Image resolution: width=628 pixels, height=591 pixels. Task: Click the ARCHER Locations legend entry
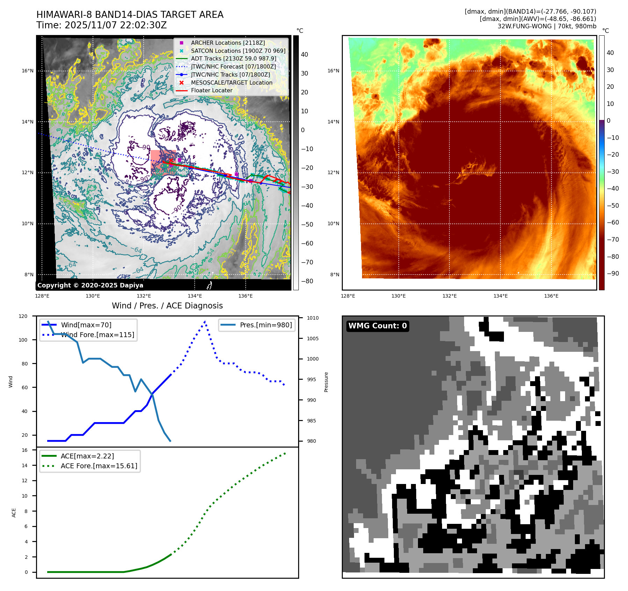point(228,43)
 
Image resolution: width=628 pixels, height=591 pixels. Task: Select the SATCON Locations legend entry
point(238,51)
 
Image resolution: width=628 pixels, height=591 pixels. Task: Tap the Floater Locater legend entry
point(211,90)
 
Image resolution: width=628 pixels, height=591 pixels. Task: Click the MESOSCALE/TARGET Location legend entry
point(231,83)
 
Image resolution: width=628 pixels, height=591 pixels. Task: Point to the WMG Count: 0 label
point(377,326)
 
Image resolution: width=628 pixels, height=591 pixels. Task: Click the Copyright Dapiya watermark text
point(90,285)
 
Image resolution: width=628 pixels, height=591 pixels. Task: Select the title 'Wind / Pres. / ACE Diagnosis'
point(167,306)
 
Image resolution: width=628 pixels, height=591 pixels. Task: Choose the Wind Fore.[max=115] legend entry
point(97,335)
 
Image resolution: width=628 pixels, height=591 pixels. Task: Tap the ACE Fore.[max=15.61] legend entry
point(99,466)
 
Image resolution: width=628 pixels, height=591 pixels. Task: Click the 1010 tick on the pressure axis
point(313,318)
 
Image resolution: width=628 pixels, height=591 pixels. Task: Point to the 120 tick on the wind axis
point(23,316)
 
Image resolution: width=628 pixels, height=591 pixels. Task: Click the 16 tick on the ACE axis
point(25,450)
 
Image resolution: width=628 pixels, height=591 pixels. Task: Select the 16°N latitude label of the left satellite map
point(28,71)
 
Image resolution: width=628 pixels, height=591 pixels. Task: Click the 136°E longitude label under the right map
point(551,296)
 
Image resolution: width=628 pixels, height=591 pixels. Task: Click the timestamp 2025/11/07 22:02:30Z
point(116,25)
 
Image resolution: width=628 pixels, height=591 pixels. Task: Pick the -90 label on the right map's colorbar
point(613,273)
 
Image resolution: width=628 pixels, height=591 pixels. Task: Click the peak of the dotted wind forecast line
point(205,321)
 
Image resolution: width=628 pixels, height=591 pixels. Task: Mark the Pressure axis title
point(326,382)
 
